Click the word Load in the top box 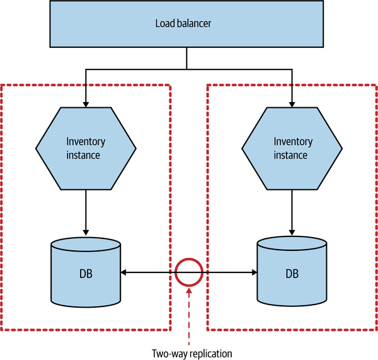tap(165, 25)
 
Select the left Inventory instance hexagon tap(85, 148)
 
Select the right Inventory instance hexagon tap(292, 148)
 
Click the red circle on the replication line tap(188, 272)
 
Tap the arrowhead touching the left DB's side tap(124, 272)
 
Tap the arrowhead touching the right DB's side tap(253, 272)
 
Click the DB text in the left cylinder tap(85, 274)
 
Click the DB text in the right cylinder tap(292, 274)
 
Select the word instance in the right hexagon tap(292, 155)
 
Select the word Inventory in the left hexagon tap(85, 142)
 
